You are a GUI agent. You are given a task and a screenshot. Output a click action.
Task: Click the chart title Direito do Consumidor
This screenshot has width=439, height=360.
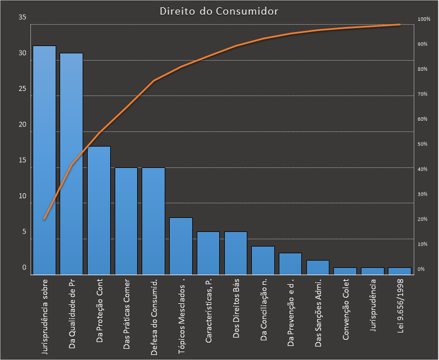tap(219, 11)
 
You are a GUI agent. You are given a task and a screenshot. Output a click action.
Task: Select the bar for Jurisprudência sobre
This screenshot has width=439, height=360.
tap(44, 160)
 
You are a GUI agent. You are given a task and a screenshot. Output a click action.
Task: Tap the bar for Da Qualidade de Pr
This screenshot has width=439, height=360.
tap(71, 163)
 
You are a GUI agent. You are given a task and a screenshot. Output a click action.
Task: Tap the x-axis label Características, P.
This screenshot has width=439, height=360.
tap(209, 311)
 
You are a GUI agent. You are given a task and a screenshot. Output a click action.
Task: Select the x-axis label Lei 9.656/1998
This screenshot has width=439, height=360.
tap(400, 306)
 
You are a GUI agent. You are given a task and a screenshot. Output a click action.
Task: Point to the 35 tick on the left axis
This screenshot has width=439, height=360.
tap(22, 17)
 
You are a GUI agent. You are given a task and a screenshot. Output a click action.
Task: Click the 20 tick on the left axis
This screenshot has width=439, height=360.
tap(22, 125)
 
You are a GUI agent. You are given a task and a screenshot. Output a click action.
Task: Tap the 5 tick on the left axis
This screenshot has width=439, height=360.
tap(24, 231)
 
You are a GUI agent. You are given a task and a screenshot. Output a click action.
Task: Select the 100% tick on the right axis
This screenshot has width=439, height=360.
tap(424, 20)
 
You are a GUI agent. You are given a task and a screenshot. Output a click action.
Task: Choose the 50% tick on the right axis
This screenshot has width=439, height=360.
tap(423, 144)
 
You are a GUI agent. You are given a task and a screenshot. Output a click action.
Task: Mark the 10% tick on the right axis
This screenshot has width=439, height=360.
tap(423, 244)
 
